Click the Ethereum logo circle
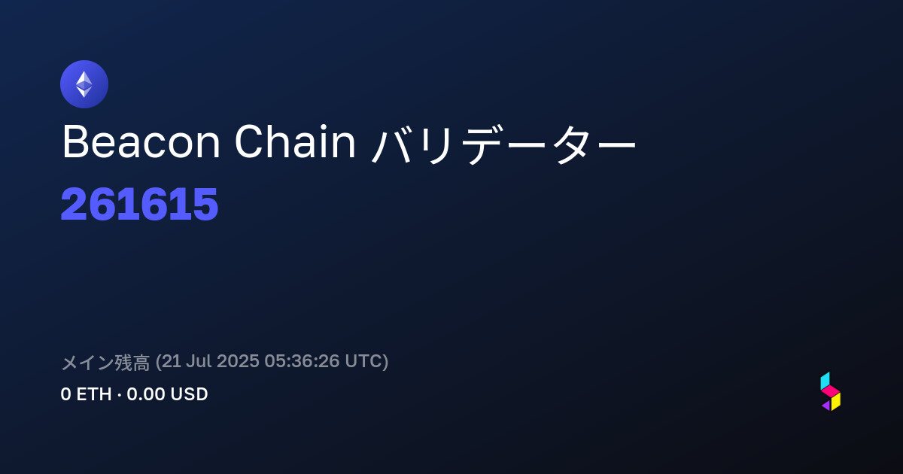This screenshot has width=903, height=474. [x=84, y=84]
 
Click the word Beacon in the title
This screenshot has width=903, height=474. [x=141, y=142]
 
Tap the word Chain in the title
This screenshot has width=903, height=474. [x=295, y=141]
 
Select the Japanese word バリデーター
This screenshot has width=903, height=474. [x=503, y=144]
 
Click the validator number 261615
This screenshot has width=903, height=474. [x=139, y=204]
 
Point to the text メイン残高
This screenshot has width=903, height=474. [x=105, y=362]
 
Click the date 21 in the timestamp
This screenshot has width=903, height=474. [x=172, y=361]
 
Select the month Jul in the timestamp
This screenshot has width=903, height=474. [x=199, y=361]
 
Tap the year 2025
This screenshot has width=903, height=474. [x=238, y=361]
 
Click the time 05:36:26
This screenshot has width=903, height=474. [x=302, y=361]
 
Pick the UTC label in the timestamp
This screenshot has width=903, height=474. [x=363, y=361]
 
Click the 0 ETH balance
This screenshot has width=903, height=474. [x=86, y=394]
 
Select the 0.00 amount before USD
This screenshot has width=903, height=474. [x=145, y=394]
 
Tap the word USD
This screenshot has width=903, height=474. [x=189, y=394]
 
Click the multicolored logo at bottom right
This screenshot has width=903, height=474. [x=831, y=391]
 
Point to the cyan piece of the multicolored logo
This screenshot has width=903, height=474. [x=825, y=381]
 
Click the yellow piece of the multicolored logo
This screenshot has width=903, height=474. [x=836, y=402]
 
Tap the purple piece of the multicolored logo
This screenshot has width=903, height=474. [x=826, y=406]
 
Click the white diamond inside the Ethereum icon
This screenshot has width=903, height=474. [x=84, y=84]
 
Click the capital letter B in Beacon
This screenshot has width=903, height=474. [x=75, y=142]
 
